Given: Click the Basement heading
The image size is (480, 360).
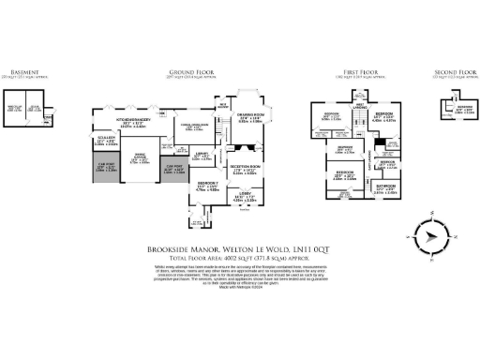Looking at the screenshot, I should tap(25, 71).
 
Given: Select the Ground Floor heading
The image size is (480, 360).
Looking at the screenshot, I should tap(187, 71).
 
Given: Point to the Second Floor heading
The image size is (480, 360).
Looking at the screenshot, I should tap(451, 71).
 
